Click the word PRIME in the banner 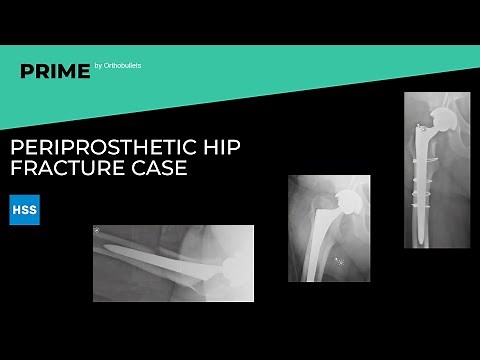pyautogui.click(x=55, y=71)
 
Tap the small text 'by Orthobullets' pyautogui.click(x=118, y=67)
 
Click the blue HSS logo pyautogui.click(x=24, y=209)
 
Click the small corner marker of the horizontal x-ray pyautogui.click(x=97, y=231)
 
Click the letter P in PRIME pyautogui.click(x=27, y=71)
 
